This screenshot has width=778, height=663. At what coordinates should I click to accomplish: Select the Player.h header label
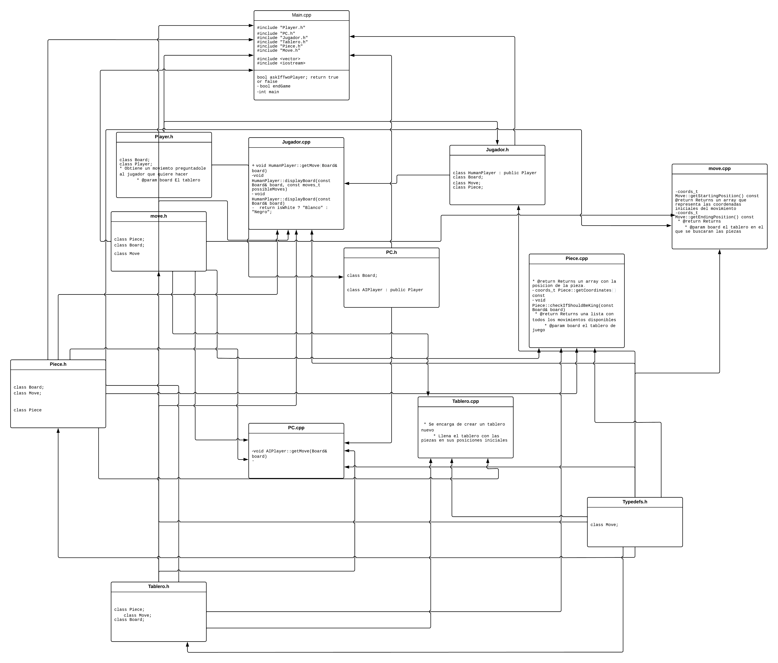point(164,137)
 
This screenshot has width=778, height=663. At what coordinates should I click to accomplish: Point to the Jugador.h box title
point(497,150)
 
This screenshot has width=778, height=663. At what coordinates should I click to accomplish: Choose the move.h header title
point(158,216)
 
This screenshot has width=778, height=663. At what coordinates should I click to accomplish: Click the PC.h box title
point(391,252)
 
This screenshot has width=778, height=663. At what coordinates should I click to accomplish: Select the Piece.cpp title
point(576,258)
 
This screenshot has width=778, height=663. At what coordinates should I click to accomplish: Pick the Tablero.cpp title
point(465,401)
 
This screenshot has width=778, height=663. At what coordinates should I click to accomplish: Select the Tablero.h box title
point(158,586)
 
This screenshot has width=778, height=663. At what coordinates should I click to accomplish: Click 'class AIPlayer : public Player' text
point(385,290)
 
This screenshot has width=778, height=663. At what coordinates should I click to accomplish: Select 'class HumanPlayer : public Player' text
point(494,173)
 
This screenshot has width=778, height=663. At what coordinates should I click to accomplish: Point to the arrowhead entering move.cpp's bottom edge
point(719,252)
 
